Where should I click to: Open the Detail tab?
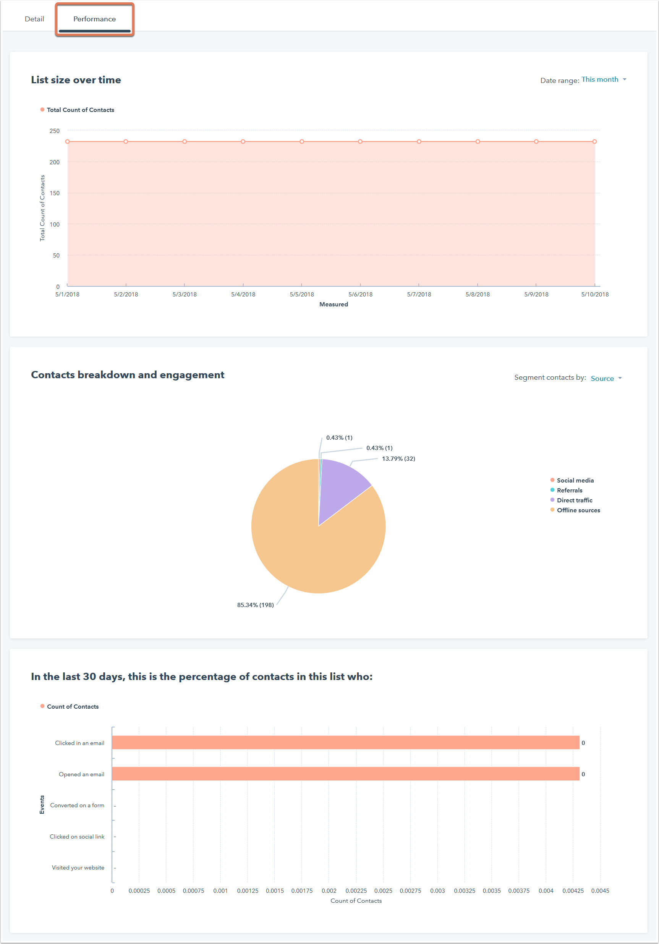(34, 19)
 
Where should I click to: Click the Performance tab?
(95, 19)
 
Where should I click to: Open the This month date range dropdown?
(603, 79)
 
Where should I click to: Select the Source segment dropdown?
(606, 378)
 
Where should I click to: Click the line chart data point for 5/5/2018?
(302, 141)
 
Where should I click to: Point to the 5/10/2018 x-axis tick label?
(594, 295)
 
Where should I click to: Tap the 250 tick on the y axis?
(55, 131)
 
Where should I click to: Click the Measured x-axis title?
(334, 304)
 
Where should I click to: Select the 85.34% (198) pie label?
(255, 605)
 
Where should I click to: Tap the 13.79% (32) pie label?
(398, 458)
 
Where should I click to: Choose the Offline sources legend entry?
(578, 510)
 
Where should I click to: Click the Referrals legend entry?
(569, 490)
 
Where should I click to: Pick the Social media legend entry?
(575, 480)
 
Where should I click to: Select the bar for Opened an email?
(345, 774)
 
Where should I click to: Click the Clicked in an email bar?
(345, 743)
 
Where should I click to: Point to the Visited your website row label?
(78, 868)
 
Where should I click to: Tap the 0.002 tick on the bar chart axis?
(329, 891)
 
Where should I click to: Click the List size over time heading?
(76, 80)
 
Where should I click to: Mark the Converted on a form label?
(77, 805)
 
